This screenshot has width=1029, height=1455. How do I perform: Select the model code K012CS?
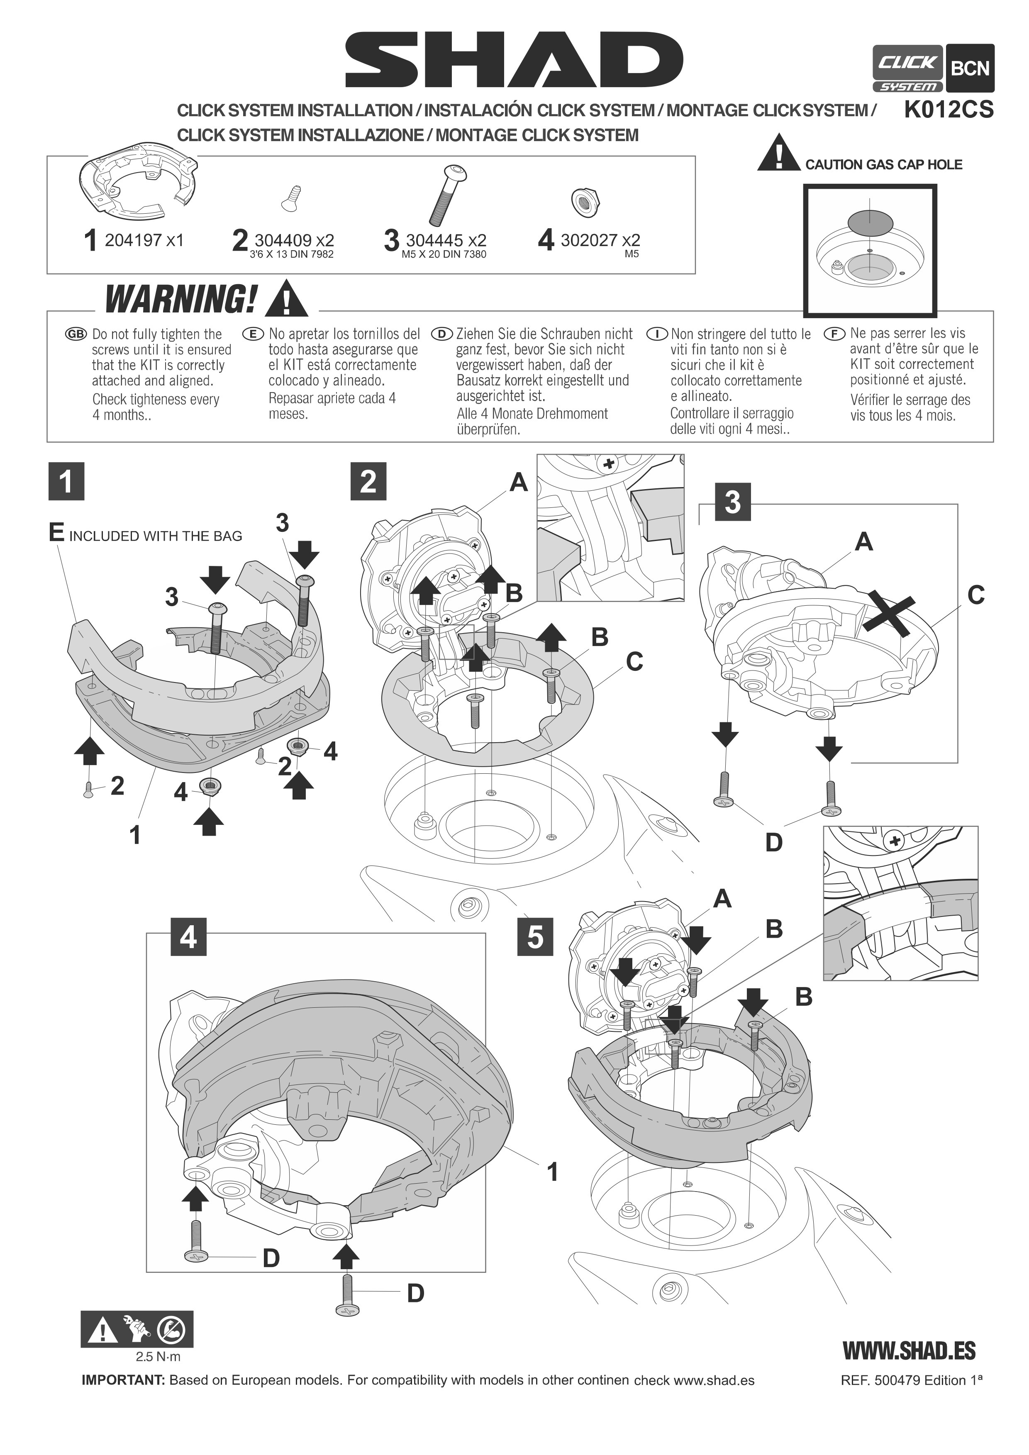point(949,110)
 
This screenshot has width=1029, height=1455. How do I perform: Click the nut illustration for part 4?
point(585,202)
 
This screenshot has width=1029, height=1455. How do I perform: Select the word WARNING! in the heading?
point(181,299)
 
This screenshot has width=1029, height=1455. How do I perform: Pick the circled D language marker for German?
point(441,334)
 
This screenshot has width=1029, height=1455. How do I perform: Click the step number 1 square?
point(66,482)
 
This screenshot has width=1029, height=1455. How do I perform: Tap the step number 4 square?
point(188,937)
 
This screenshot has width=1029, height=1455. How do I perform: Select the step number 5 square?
point(535,937)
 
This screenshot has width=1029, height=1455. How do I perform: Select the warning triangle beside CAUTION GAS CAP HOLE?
point(779,153)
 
